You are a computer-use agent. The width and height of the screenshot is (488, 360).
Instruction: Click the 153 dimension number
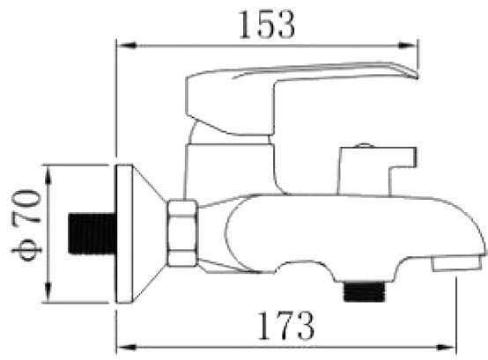coord(266,25)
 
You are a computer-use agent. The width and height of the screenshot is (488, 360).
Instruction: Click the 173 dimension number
coord(285,326)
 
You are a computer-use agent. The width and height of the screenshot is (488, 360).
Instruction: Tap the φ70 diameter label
coord(26,225)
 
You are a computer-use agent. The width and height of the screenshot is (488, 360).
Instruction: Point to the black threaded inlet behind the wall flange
coord(92,234)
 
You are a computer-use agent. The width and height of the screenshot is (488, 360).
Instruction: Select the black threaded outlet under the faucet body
coord(364,291)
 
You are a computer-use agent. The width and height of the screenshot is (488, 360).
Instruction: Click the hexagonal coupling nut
coord(182,233)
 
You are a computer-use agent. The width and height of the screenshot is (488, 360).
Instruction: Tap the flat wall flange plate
coord(124,234)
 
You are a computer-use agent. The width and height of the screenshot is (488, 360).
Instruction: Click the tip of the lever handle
coord(417,77)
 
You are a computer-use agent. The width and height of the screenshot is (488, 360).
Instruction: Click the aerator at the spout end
coord(456,263)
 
